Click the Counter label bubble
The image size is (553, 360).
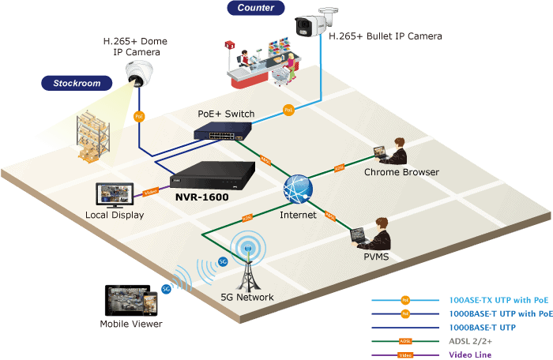coord(255,8)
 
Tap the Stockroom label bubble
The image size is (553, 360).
coord(77,82)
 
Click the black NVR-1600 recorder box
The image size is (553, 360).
coord(214,174)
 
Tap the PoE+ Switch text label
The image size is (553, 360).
coord(226,114)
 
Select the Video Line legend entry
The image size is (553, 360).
coord(470,354)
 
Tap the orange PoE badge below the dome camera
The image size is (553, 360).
coord(140,117)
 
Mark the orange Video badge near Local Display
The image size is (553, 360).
coord(150,191)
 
